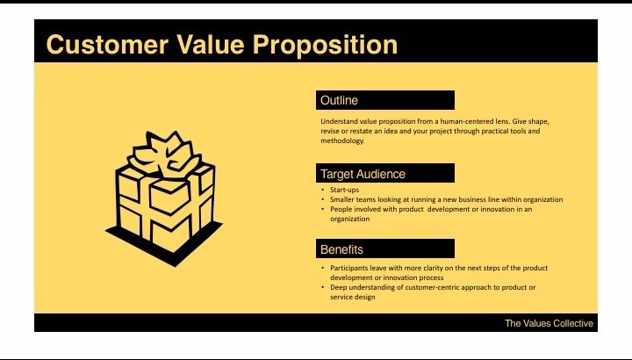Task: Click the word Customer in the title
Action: pyautogui.click(x=107, y=45)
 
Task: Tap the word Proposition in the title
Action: pyautogui.click(x=325, y=45)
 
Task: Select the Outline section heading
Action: pyautogui.click(x=339, y=100)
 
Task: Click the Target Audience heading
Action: pyautogui.click(x=363, y=174)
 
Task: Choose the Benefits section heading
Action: pyautogui.click(x=341, y=249)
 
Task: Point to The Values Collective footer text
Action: pyautogui.click(x=549, y=323)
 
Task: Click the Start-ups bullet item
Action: pyautogui.click(x=345, y=190)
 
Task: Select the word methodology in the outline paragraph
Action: pyautogui.click(x=342, y=140)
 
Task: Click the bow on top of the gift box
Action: pyautogui.click(x=165, y=155)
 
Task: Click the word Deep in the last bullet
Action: pyautogui.click(x=339, y=287)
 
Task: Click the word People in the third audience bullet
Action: pyautogui.click(x=340, y=209)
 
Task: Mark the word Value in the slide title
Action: pyautogui.click(x=211, y=45)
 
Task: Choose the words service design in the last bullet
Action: pyautogui.click(x=353, y=297)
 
